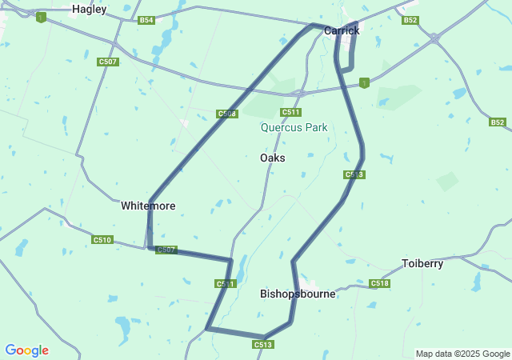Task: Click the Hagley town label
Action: [x=89, y=10]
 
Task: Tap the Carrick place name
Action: [x=342, y=30]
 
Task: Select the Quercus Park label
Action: [x=294, y=127]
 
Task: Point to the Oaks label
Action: [x=272, y=158]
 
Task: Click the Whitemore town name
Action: [x=148, y=206]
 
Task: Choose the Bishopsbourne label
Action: [x=298, y=294]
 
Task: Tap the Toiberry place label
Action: [x=422, y=263]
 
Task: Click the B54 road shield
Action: [x=146, y=20]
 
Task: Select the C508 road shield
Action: [x=227, y=114]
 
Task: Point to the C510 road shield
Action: [x=102, y=239]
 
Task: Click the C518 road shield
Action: [x=380, y=283]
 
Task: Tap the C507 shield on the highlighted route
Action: [x=166, y=250]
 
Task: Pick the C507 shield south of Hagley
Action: [x=108, y=62]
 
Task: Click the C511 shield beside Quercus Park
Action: [x=290, y=112]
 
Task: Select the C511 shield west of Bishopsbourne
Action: [x=226, y=284]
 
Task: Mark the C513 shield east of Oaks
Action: [x=354, y=174]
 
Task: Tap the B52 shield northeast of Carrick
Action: [x=410, y=20]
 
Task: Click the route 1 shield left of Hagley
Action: [x=41, y=17]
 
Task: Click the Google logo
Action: [x=26, y=350]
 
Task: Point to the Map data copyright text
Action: [x=462, y=354]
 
